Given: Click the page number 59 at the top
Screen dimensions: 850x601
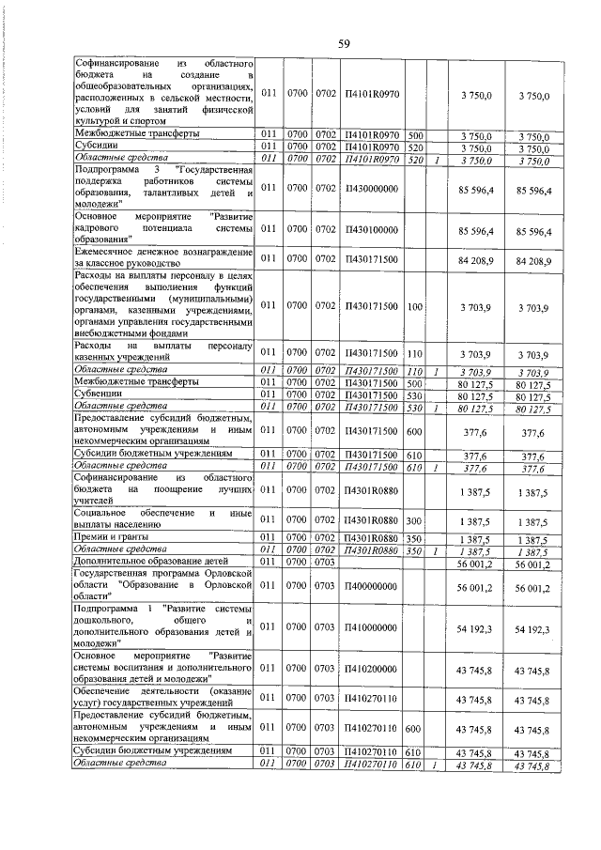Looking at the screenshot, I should pyautogui.click(x=344, y=43).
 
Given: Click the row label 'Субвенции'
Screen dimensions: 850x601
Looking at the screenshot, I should pyautogui.click(x=98, y=395).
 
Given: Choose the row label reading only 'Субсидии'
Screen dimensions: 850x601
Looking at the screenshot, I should pyautogui.click(x=97, y=147).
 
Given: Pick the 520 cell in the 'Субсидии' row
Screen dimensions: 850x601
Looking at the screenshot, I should pyautogui.click(x=415, y=147).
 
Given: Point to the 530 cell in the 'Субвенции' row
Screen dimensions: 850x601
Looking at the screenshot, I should pyautogui.click(x=415, y=395).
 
